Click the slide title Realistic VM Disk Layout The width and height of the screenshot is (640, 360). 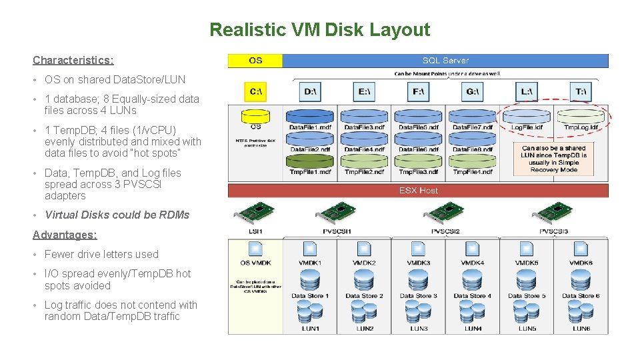[319, 30]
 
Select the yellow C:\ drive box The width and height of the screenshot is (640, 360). [255, 91]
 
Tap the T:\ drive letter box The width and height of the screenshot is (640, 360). [581, 91]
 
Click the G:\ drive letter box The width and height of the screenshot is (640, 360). [472, 91]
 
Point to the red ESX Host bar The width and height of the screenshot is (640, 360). [418, 191]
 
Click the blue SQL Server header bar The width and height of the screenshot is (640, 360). [445, 61]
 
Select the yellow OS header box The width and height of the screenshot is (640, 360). [255, 61]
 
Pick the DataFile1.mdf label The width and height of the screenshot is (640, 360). [310, 127]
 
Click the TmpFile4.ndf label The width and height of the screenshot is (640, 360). [473, 172]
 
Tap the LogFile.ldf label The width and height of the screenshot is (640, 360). [527, 127]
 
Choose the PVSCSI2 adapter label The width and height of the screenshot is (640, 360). [445, 231]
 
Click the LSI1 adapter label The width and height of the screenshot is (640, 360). [255, 231]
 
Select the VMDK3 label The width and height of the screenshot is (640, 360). [419, 263]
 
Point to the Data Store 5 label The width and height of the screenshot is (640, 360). [527, 296]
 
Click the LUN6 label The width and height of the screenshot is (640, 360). [581, 329]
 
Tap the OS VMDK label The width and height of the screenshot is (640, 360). [255, 263]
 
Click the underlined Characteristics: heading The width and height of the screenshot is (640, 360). [73, 60]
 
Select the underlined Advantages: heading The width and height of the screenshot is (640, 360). [65, 235]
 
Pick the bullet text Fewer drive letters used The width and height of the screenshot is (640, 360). [101, 254]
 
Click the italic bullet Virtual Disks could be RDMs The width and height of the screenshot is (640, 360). [117, 215]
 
